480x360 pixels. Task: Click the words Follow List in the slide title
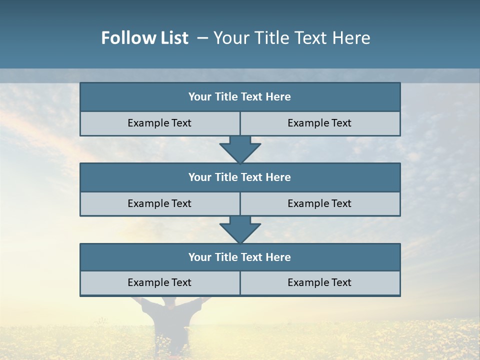pyautogui.click(x=145, y=38)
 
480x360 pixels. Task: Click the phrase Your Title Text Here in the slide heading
pyautogui.click(x=292, y=38)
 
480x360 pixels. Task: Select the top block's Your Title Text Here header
pyautogui.click(x=239, y=97)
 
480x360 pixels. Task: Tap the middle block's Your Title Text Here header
pyautogui.click(x=239, y=177)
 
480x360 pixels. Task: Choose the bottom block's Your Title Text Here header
pyautogui.click(x=239, y=257)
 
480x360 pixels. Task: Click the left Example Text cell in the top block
pyautogui.click(x=159, y=123)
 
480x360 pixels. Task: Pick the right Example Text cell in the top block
pyautogui.click(x=319, y=123)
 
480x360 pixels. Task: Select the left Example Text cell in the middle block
pyautogui.click(x=159, y=203)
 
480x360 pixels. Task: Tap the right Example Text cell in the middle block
pyautogui.click(x=319, y=203)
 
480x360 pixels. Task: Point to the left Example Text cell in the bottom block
pyautogui.click(x=159, y=282)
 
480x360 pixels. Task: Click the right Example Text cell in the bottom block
pyautogui.click(x=319, y=282)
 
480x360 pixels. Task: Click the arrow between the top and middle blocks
pyautogui.click(x=240, y=149)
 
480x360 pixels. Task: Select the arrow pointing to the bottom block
pyautogui.click(x=240, y=229)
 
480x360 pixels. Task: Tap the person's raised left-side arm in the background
pyautogui.click(x=139, y=303)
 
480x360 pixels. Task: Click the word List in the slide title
pyautogui.click(x=173, y=38)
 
